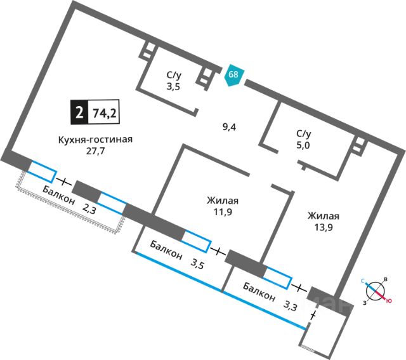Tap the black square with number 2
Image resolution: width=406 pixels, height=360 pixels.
[x=79, y=114]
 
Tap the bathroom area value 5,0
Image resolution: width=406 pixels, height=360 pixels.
[x=303, y=145]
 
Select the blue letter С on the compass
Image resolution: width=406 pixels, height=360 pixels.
[x=363, y=280]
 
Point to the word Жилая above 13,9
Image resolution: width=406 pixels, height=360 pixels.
[x=324, y=215]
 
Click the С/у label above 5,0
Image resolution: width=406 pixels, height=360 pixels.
[x=303, y=133]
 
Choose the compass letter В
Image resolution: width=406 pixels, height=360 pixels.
[x=386, y=280]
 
